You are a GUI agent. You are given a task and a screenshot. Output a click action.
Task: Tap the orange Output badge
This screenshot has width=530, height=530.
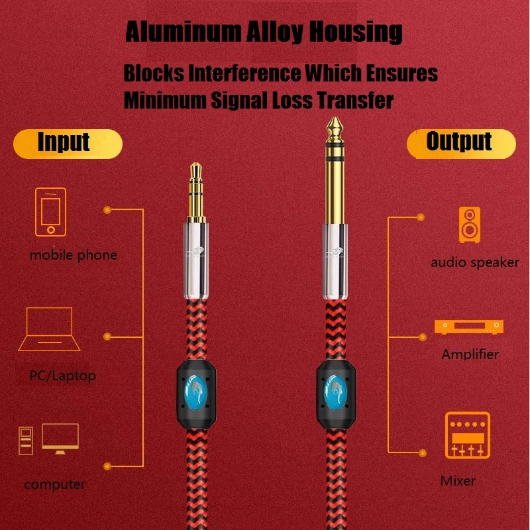pos(460,142)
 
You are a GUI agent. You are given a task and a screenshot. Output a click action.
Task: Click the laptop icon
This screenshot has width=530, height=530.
pos(50,329)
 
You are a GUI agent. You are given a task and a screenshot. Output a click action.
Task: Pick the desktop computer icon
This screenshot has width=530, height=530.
pos(49,439)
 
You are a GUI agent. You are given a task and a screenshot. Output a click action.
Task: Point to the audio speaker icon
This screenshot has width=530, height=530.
pos(470,223)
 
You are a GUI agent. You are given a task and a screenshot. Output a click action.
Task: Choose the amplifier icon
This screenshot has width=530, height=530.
pos(468,327)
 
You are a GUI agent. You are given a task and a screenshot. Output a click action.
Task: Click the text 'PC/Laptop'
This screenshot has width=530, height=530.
pos(63,376)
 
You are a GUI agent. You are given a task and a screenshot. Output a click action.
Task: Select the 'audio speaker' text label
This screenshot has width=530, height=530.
pos(474,262)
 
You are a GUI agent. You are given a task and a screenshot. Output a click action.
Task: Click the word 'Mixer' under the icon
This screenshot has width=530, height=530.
pos(458,480)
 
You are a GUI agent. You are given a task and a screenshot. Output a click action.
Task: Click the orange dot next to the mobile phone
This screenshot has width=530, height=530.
pos(106,209)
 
